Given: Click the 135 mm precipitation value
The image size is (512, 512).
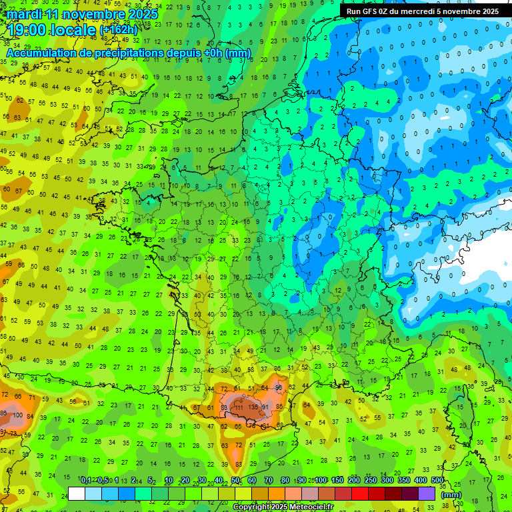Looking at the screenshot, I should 253,407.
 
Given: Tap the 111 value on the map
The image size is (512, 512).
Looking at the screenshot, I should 238,407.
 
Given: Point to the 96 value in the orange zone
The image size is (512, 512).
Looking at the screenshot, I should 279,387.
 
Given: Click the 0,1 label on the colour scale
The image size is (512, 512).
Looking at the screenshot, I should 86,481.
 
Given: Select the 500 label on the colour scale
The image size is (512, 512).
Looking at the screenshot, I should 437,481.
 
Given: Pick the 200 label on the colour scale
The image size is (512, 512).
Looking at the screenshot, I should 354,481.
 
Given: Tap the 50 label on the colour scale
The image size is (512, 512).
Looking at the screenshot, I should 235,481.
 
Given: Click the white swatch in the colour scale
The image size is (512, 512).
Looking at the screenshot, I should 77,493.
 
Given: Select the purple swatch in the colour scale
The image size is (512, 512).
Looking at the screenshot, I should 427,493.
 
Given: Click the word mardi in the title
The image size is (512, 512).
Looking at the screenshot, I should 25,14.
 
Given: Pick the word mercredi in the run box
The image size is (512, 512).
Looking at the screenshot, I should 432,11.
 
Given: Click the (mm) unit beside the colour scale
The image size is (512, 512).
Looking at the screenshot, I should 451,495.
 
